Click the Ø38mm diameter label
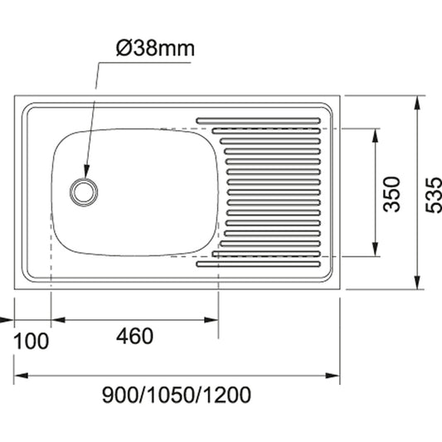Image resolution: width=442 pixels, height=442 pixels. pyautogui.click(x=155, y=48)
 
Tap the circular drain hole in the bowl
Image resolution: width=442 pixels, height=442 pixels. pyautogui.click(x=84, y=191)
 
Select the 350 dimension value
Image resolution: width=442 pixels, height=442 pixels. pyautogui.click(x=392, y=192)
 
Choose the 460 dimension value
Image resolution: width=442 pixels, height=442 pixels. pyautogui.click(x=134, y=337)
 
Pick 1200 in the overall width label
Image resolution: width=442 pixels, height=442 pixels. pyautogui.click(x=226, y=395)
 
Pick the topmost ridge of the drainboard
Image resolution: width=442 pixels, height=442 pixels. pyautogui.click(x=257, y=119)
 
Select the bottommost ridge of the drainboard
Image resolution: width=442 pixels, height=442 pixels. pyautogui.click(x=257, y=266)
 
